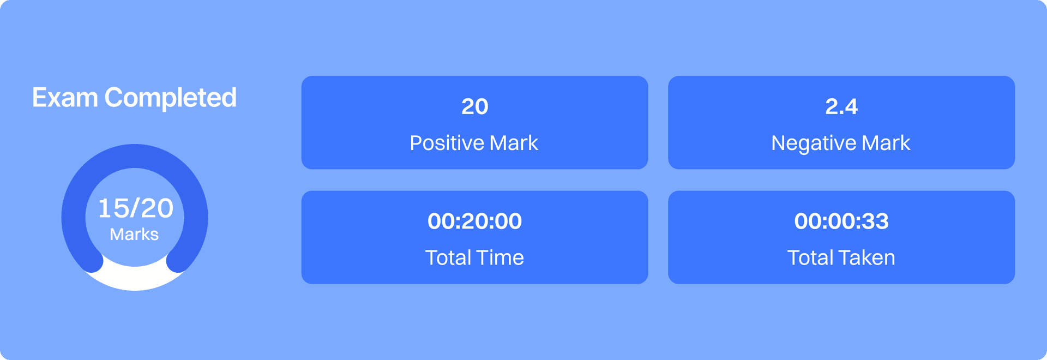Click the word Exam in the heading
pyautogui.click(x=65, y=98)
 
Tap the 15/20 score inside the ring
pyautogui.click(x=135, y=208)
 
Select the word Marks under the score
pyautogui.click(x=134, y=235)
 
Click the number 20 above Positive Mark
pyautogui.click(x=475, y=106)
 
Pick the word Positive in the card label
pyautogui.click(x=447, y=143)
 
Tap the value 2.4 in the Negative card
pyautogui.click(x=841, y=106)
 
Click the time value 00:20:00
pyautogui.click(x=475, y=221)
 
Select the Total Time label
pyautogui.click(x=474, y=257)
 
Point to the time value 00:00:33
pyautogui.click(x=841, y=221)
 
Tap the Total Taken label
pyautogui.click(x=841, y=257)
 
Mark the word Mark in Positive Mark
pyautogui.click(x=514, y=143)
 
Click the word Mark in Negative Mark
pyautogui.click(x=886, y=143)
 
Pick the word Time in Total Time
pyautogui.click(x=498, y=257)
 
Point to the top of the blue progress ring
pyautogui.click(x=135, y=156)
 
